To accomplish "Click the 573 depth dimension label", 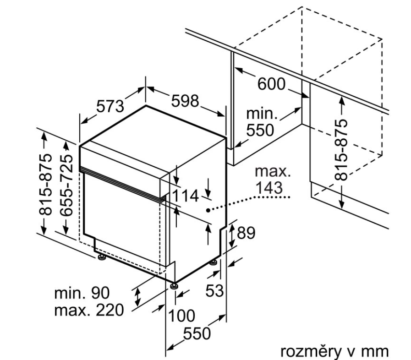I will pyautogui.click(x=110, y=107).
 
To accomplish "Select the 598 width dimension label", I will pyautogui.click(x=185, y=101).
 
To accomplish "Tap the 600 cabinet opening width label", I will pyautogui.click(x=271, y=84).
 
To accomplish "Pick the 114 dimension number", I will pyautogui.click(x=186, y=196).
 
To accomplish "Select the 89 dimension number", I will pyautogui.click(x=245, y=233).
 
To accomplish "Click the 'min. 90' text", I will pyautogui.click(x=82, y=293).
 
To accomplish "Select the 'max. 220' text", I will pyautogui.click(x=89, y=311).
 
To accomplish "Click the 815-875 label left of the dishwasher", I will pyautogui.click(x=45, y=183).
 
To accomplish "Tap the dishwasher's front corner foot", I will pyautogui.click(x=173, y=285).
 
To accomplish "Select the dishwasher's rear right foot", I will pyautogui.click(x=214, y=262).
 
